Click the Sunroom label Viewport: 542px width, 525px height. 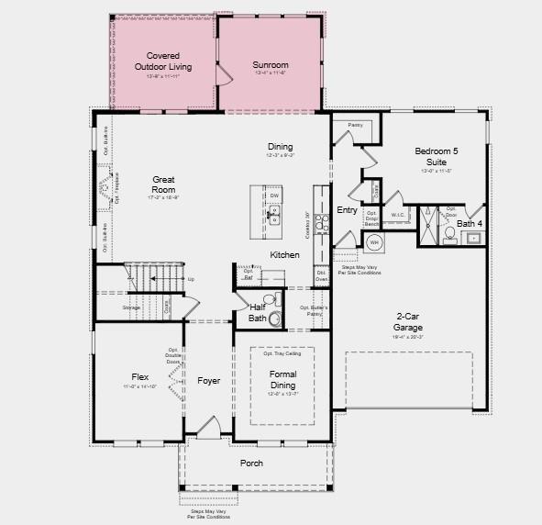coord(271,65)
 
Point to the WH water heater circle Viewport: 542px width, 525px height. coord(374,243)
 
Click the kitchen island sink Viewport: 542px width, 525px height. coord(273,217)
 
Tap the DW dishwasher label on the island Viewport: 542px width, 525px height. coord(274,195)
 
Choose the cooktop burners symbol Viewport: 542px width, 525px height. coord(321,221)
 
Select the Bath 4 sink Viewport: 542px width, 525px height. coord(473,238)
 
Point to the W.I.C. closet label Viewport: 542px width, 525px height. coord(398,216)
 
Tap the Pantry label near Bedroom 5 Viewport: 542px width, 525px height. coord(355,125)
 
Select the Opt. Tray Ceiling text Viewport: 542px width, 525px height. coord(282,353)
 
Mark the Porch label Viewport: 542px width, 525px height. coord(251,464)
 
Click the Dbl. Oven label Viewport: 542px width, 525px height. coord(322,275)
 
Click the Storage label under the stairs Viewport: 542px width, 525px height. coord(131,307)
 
